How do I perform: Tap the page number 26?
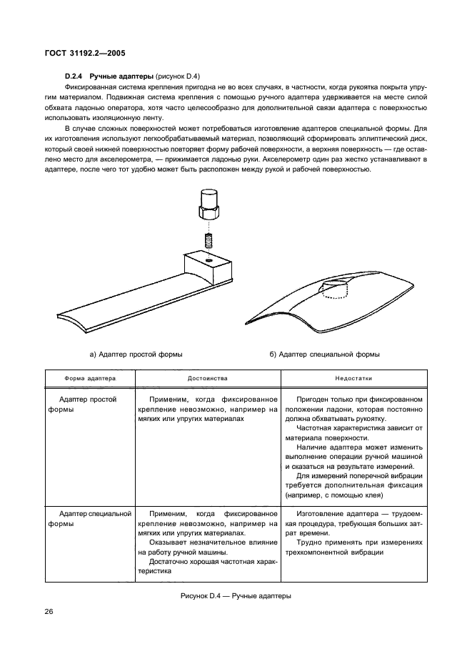pyautogui.click(x=51, y=611)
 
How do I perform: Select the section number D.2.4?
pyautogui.click(x=75, y=75)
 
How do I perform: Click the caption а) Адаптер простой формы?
pyautogui.click(x=135, y=354)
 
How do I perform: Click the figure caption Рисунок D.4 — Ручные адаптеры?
pyautogui.click(x=236, y=595)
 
